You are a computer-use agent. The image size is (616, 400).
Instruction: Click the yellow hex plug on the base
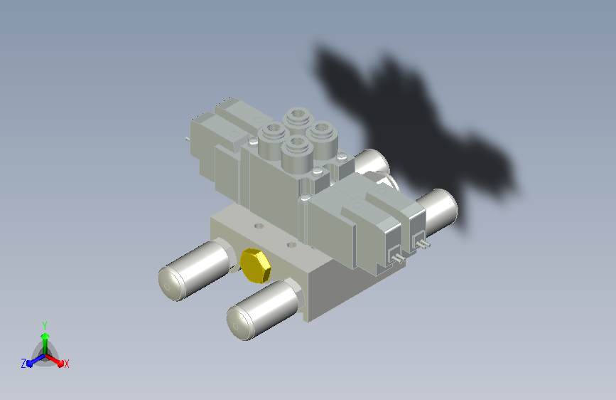tap(255, 265)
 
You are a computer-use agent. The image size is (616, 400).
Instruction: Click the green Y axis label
tap(45, 325)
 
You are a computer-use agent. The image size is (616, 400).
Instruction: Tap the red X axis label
tap(66, 364)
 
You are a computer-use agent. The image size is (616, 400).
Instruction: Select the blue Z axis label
tap(23, 364)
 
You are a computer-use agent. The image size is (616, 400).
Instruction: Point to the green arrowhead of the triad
tap(45, 336)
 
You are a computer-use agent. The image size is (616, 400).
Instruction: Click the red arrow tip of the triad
tap(60, 362)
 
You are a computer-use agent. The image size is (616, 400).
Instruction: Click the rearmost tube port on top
tap(298, 117)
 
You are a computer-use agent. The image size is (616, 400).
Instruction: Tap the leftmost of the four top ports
tap(273, 139)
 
